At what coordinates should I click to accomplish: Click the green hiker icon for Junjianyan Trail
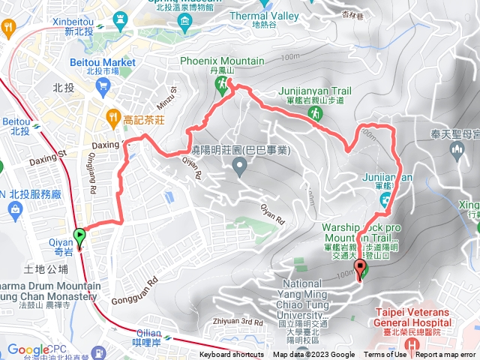[316, 112]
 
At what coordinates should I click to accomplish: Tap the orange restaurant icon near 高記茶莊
[112, 116]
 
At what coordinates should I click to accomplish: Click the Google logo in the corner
[28, 349]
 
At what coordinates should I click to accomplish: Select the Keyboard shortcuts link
[232, 355]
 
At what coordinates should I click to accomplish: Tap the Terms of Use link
[385, 355]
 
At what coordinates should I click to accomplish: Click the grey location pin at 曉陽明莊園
[239, 167]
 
